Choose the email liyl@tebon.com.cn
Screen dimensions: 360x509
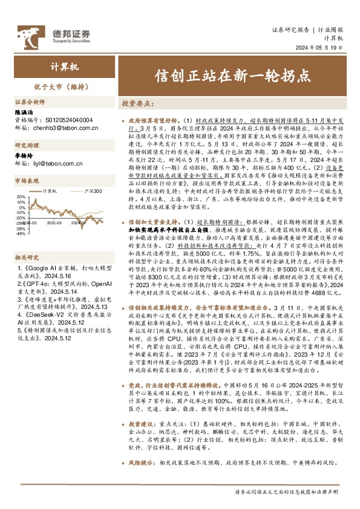pos(59,155)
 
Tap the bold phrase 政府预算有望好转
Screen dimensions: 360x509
pos(149,121)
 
